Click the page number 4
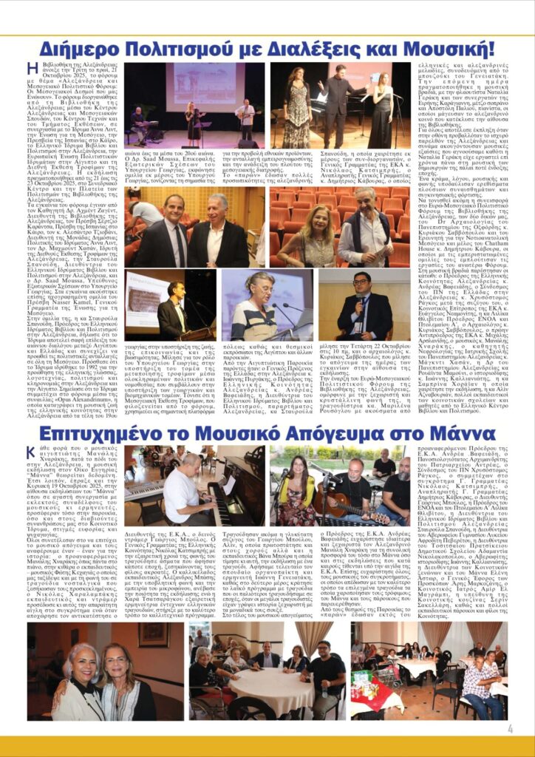pyautogui.click(x=511, y=728)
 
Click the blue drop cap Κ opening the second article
pyautogui.click(x=30, y=452)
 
